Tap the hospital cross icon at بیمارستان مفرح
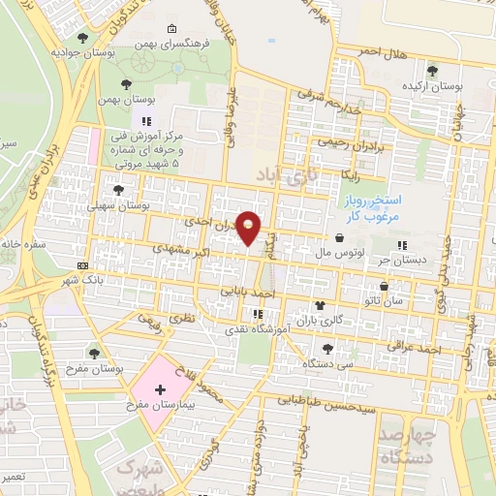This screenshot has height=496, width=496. (160, 389)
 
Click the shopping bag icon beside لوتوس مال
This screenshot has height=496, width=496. (339, 238)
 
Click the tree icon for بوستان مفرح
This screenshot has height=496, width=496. (94, 353)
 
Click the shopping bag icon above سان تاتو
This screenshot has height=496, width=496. (385, 286)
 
